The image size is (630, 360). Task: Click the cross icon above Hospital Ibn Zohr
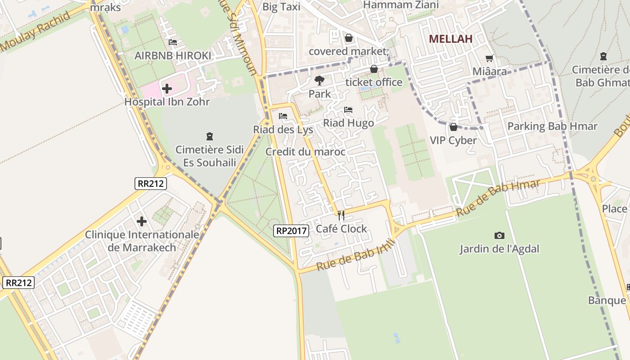[x=167, y=89]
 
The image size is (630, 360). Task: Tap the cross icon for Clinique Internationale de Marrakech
[x=142, y=221]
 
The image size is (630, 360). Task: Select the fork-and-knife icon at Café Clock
[x=341, y=216]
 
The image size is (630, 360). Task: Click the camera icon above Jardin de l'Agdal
[x=499, y=235]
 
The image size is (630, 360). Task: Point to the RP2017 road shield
[x=291, y=231]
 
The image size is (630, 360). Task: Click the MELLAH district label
[x=450, y=39]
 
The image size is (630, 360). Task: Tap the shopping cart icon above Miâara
[x=490, y=58]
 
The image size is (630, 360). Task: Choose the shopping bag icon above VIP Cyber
[x=453, y=127]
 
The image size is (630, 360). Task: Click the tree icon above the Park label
[x=319, y=81]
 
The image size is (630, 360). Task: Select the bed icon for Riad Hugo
[x=348, y=110]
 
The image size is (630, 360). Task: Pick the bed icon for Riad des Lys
[x=283, y=116]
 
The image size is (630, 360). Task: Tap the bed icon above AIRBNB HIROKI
[x=172, y=42]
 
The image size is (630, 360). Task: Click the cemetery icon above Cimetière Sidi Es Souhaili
[x=209, y=136]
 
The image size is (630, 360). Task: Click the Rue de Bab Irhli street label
[x=356, y=255]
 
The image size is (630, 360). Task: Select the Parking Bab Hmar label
[x=552, y=126]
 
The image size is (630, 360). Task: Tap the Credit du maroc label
[x=305, y=152]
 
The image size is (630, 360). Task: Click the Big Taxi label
[x=281, y=7]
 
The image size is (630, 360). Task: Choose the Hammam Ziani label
[x=400, y=4]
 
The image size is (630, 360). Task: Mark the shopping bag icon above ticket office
[x=373, y=69]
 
